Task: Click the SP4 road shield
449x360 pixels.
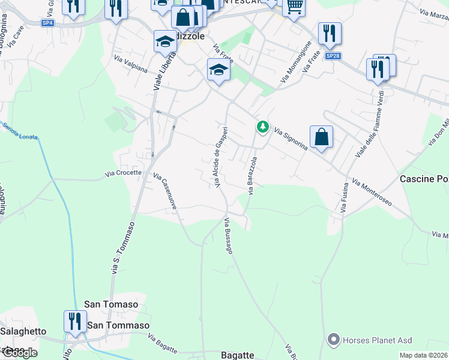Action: [48, 23]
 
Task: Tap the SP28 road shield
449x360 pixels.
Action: [333, 56]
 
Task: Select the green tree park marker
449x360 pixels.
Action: [262, 127]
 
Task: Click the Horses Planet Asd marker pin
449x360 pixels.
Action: [334, 340]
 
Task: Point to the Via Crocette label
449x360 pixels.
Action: [123, 173]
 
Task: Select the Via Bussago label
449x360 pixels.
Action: [228, 236]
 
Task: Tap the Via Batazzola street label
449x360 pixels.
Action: [253, 175]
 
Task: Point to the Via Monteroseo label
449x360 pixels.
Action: [372, 192]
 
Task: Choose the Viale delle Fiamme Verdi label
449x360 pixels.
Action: [369, 125]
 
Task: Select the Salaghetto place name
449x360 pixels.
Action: [23, 331]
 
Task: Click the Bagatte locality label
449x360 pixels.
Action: [238, 355]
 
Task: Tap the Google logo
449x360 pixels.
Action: [19, 353]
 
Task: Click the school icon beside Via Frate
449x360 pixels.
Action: [218, 71]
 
